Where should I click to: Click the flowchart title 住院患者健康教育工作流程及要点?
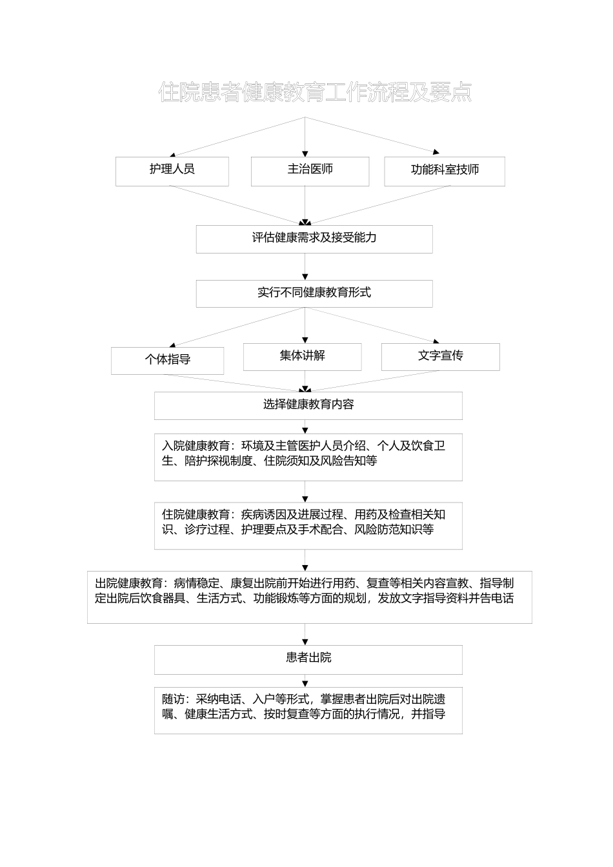315,92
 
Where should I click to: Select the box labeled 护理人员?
172,170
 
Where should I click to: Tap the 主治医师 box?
310,170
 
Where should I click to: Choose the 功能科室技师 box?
445,171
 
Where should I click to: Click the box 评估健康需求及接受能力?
314,238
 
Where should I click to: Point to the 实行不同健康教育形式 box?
314,293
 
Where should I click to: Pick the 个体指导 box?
167,360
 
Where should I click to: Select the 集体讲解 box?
302,356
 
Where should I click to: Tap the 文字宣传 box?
440,356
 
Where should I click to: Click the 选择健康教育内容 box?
308,405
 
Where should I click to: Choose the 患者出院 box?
308,658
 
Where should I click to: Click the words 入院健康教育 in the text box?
196,446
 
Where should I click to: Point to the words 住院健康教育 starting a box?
196,515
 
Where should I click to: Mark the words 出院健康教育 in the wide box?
128,583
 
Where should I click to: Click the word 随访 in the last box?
173,699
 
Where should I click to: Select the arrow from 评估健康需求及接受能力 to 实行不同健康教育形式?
305,266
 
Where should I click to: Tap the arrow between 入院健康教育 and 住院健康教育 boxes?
305,492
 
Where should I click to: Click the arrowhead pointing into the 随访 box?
305,684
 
